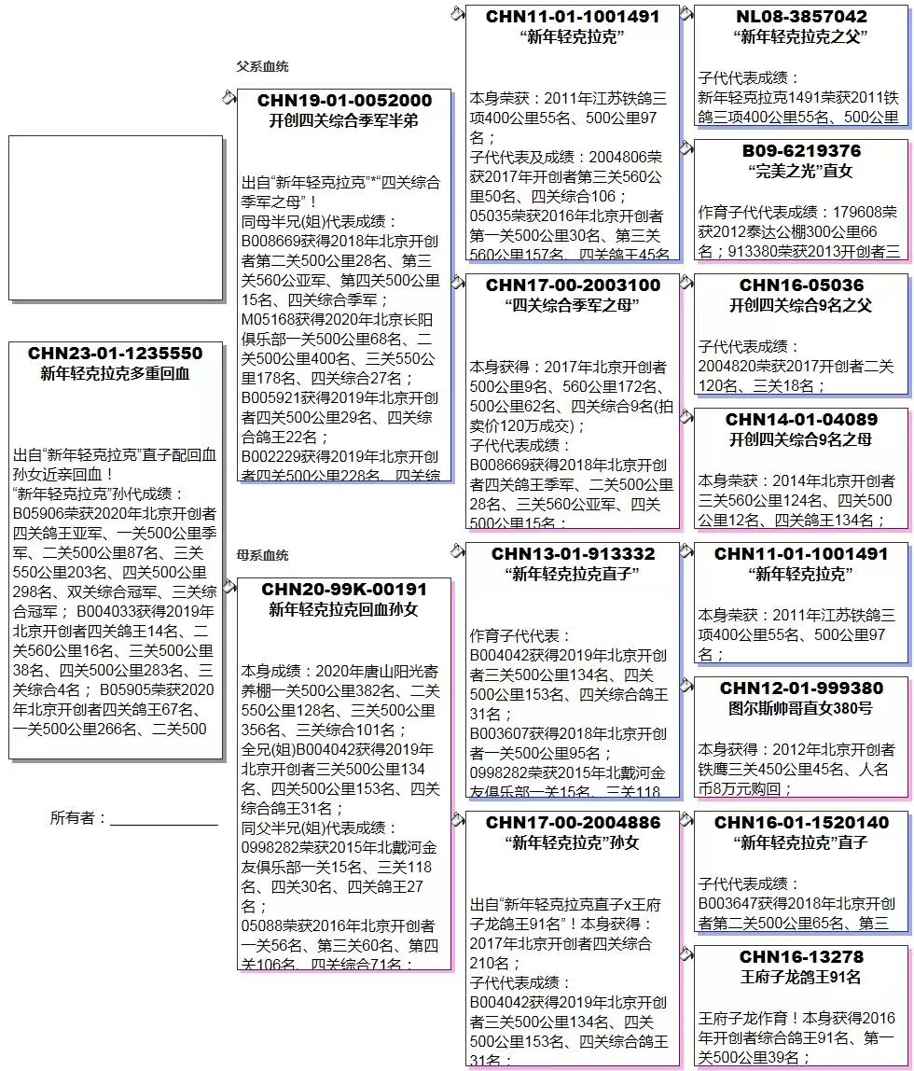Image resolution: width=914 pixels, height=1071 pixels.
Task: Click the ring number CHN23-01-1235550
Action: [116, 354]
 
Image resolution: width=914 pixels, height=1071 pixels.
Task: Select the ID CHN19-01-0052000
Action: [344, 101]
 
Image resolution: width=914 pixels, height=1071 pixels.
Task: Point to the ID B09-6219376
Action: [801, 151]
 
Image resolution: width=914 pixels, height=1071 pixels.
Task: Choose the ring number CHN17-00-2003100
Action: [573, 285]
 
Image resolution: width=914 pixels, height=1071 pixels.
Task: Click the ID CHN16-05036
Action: [801, 285]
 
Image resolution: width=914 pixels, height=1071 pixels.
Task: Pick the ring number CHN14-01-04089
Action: [801, 420]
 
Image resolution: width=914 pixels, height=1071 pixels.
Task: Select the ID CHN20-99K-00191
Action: [344, 590]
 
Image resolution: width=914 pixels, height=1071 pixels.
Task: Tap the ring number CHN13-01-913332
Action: [573, 554]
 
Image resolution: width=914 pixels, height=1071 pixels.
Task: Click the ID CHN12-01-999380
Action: [801, 688]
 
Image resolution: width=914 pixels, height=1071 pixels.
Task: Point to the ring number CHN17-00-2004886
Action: [573, 823]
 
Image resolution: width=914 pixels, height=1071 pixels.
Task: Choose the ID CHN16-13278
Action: [801, 957]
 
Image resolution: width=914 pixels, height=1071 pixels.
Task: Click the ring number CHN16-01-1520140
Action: [801, 823]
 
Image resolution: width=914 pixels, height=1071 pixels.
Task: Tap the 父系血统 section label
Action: [262, 67]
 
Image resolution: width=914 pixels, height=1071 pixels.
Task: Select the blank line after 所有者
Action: [164, 819]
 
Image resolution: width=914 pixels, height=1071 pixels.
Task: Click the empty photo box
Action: [116, 217]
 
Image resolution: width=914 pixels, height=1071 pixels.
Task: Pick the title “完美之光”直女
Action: [801, 172]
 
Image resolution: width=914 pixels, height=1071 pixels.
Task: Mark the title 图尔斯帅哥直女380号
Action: [801, 709]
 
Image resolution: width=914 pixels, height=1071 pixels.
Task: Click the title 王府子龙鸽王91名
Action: [801, 978]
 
